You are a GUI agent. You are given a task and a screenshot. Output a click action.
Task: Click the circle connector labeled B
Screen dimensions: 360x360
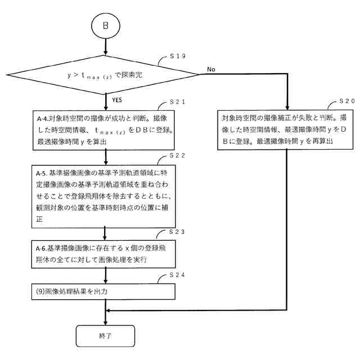105,27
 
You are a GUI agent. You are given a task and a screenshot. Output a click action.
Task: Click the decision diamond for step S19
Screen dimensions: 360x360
105,74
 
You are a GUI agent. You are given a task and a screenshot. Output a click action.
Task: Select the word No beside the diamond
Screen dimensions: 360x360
211,69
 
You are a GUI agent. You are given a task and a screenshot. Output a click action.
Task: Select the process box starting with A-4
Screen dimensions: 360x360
105,130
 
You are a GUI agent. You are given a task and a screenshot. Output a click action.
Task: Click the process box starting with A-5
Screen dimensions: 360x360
105,195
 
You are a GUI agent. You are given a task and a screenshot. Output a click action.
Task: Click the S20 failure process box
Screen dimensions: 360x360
287,130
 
